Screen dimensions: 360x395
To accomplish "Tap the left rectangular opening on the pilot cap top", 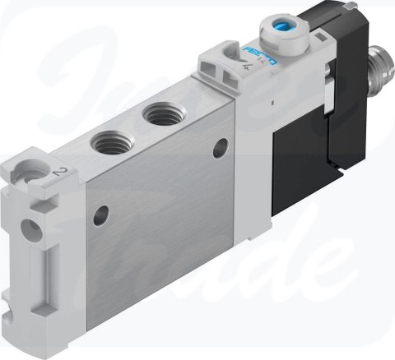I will coord(211,59).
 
